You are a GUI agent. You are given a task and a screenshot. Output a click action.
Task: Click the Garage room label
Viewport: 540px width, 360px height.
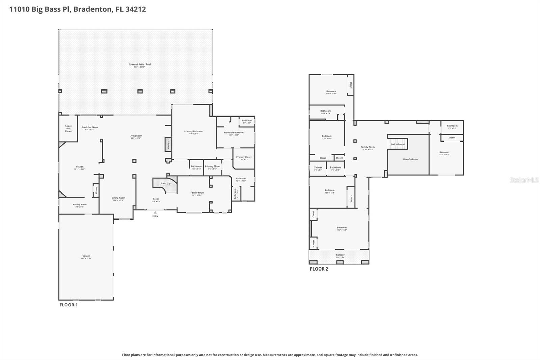coord(86,256)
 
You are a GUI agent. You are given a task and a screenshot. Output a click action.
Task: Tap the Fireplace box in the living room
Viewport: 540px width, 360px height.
coord(168,144)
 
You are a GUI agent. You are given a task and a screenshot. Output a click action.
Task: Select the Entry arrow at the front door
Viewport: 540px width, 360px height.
coord(155,213)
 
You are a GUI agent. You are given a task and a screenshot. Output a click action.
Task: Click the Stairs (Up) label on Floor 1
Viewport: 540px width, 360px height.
coord(166,183)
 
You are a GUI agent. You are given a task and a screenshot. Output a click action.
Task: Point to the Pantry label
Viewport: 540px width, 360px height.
coord(96,190)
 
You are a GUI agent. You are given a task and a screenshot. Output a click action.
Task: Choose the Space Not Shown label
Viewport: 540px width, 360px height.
coord(69,128)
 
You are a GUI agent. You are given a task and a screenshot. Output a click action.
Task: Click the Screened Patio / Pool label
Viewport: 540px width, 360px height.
coord(139,64)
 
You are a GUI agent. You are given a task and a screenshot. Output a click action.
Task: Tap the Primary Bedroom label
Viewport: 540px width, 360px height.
coord(193,131)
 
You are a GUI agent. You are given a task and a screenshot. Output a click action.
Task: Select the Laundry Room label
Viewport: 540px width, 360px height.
coord(79,204)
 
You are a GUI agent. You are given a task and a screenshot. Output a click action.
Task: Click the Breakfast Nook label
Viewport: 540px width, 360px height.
coord(90,127)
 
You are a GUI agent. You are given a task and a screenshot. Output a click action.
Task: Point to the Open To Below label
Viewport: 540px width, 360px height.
coord(411,159)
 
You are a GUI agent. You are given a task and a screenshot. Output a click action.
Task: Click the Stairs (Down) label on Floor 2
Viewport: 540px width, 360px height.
coord(398,144)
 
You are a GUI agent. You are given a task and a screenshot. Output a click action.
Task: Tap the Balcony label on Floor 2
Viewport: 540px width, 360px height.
coord(340,255)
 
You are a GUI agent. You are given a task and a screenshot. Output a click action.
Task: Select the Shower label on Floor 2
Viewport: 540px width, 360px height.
coord(318,168)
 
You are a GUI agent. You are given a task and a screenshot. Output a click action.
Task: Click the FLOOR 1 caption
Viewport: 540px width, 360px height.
coord(69,305)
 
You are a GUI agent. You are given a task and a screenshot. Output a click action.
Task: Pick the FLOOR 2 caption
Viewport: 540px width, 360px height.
coord(319,269)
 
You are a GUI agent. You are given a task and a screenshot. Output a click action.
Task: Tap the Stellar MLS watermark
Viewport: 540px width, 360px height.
coord(524,180)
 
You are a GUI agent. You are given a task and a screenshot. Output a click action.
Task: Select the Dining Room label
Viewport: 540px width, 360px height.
coord(118,198)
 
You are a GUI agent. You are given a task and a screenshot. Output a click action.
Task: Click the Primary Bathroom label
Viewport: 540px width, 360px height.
coord(234,133)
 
